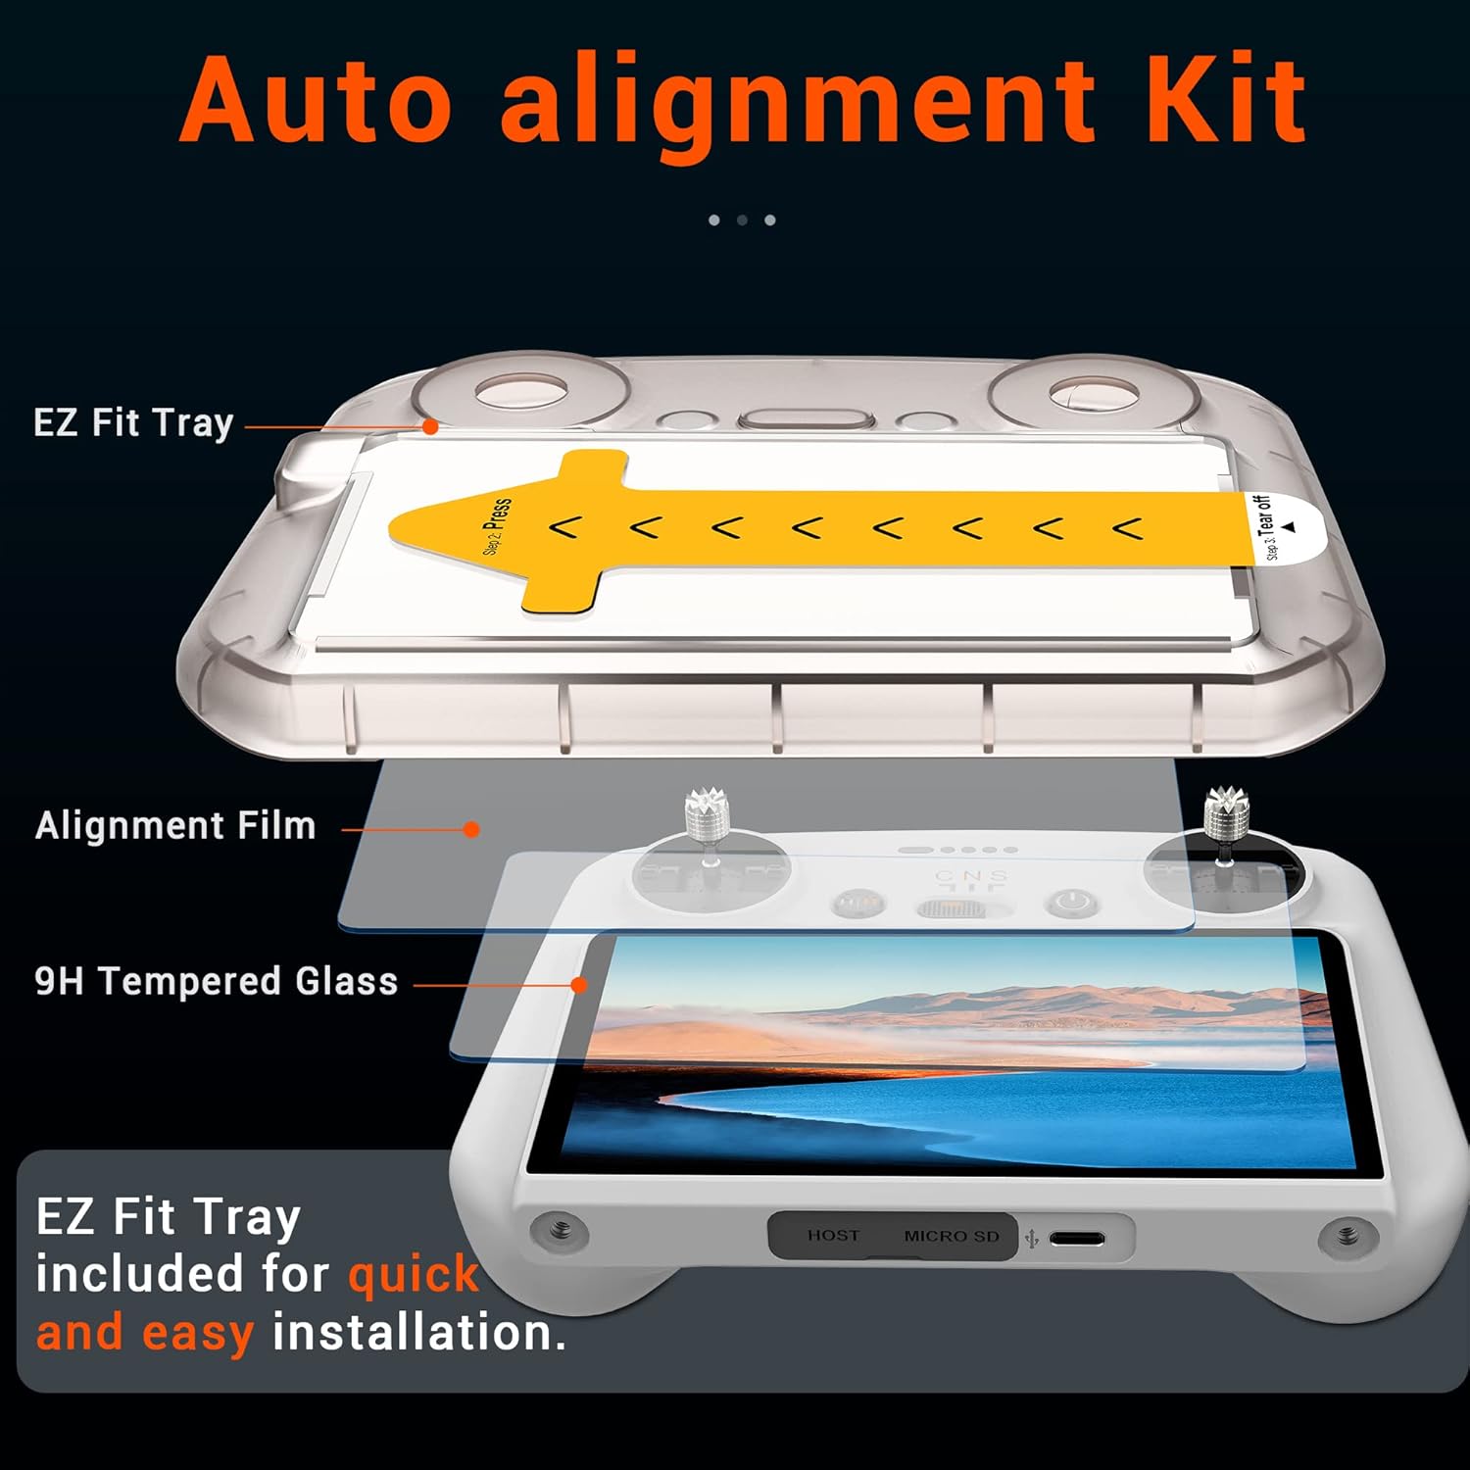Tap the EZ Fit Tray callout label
133,423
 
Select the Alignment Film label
175,826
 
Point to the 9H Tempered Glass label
216,981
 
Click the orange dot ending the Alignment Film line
471,829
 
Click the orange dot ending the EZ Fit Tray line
429,426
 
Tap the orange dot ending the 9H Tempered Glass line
579,985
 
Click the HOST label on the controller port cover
833,1236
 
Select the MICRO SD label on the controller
951,1237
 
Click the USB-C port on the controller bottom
1076,1239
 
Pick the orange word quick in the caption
414,1275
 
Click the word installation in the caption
418,1334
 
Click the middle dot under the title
742,220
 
